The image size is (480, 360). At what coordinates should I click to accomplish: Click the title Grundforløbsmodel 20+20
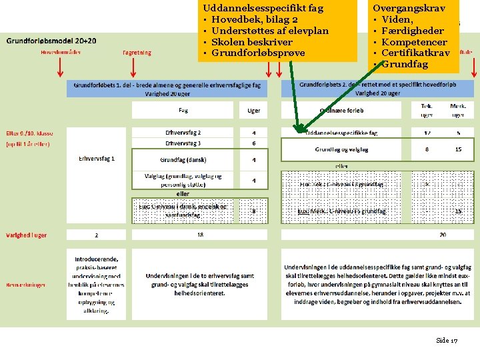51,41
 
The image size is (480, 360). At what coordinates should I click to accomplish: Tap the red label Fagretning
137,52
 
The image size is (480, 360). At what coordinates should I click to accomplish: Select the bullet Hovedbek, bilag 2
254,19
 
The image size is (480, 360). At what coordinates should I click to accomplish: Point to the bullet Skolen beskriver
251,41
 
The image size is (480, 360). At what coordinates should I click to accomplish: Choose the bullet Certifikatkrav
416,53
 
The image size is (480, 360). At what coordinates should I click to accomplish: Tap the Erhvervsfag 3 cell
183,143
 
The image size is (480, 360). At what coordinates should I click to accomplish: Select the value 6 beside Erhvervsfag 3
254,143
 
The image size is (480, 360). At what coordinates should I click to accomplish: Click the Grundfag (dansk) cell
183,160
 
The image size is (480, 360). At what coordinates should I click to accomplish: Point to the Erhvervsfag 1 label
97,159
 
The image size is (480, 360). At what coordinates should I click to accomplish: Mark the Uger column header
254,111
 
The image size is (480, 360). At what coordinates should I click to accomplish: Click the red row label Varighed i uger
27,235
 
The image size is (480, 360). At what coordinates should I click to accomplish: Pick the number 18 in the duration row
200,235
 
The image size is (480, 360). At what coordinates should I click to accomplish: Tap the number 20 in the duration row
443,235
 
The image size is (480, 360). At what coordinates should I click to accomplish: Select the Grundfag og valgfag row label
341,149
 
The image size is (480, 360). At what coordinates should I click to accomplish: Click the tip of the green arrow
297,131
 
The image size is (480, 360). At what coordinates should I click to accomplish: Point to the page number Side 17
447,340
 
